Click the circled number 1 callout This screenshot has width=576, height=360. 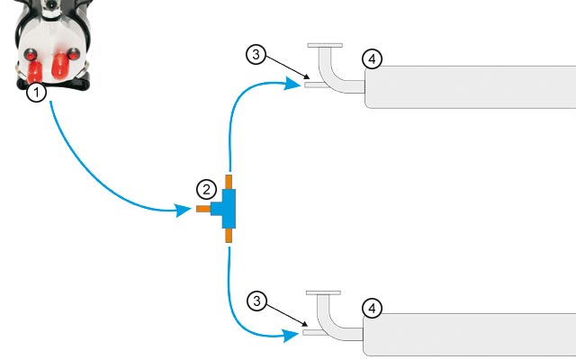[36, 92]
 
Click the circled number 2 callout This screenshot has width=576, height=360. [207, 189]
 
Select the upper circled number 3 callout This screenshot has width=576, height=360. [256, 54]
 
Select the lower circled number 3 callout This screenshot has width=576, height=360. [256, 301]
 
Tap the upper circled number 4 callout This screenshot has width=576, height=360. [371, 59]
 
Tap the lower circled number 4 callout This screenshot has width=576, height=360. [371, 308]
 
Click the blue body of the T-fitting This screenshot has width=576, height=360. [228, 209]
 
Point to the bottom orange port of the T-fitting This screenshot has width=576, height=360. [229, 236]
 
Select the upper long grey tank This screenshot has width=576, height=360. [468, 85]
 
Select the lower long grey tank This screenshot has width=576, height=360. [468, 335]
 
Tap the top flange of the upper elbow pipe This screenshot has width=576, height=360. [325, 44]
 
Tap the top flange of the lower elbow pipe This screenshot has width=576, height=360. [324, 292]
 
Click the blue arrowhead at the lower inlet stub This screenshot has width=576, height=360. [291, 335]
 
